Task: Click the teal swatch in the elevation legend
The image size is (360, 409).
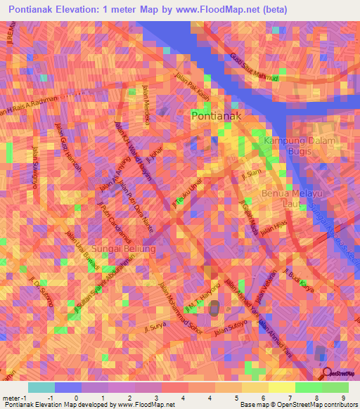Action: coord(41,387)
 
